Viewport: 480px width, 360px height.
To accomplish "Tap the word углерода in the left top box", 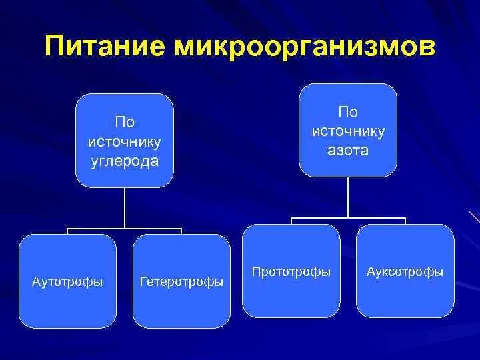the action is point(125,161).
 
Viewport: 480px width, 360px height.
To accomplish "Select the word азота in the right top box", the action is point(347,151).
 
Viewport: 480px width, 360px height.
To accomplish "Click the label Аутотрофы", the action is point(67,281).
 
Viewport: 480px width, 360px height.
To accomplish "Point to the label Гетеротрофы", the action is point(181,282).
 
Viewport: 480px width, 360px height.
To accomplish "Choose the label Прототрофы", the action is point(291,272).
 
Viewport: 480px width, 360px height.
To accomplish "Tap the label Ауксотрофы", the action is point(405,272).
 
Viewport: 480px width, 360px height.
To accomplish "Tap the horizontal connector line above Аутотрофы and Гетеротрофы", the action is point(125,228).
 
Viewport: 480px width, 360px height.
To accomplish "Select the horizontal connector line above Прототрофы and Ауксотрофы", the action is point(347,218).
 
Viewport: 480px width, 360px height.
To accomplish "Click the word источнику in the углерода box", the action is point(125,142).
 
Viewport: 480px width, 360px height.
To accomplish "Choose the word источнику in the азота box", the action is point(347,131).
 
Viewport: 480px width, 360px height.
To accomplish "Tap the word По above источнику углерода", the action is point(125,123).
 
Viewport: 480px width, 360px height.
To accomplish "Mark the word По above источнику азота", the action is point(347,112).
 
